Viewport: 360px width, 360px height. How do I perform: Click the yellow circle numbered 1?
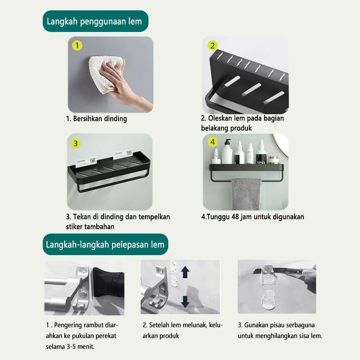(77, 45)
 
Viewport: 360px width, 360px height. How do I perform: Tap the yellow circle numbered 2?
(212, 45)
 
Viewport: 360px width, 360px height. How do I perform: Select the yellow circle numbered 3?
(76, 144)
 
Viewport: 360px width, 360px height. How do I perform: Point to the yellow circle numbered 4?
(212, 142)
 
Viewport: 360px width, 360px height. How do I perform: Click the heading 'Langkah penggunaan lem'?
(94, 21)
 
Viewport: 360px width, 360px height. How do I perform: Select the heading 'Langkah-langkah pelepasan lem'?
(105, 244)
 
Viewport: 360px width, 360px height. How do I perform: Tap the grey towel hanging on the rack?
(246, 194)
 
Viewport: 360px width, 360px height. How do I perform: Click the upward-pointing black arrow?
(185, 272)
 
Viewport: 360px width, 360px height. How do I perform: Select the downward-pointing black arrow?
(185, 301)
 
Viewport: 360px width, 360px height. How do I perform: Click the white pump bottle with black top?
(227, 152)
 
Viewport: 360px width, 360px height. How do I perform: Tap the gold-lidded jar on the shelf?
(274, 160)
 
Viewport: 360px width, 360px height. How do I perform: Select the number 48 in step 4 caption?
(235, 217)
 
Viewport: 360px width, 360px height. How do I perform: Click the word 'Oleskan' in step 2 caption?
(219, 118)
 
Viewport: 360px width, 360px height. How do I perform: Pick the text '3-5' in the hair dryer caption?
(71, 346)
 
